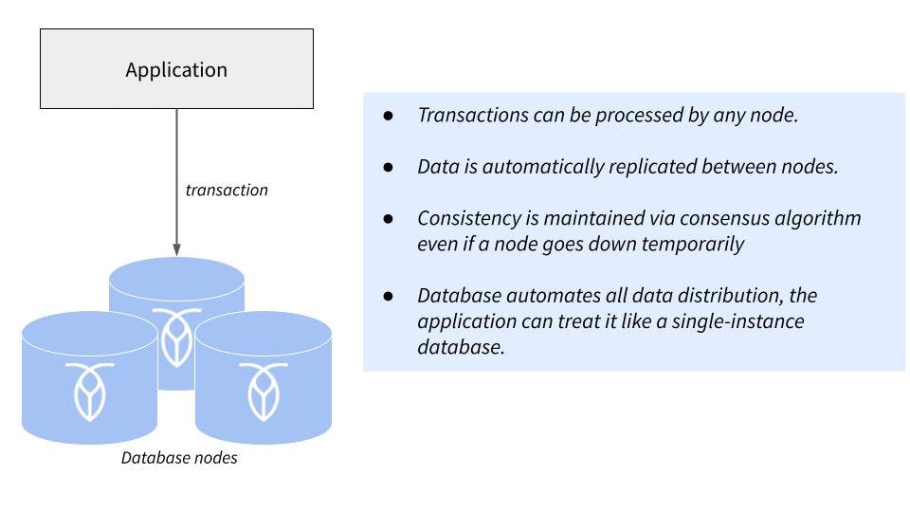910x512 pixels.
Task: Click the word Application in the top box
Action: click(x=176, y=69)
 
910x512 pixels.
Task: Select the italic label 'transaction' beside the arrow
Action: click(x=227, y=190)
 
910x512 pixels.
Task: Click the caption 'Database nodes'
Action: click(x=179, y=458)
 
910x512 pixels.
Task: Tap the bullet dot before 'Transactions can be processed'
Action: click(x=389, y=116)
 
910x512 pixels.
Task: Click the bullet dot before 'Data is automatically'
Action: click(x=389, y=166)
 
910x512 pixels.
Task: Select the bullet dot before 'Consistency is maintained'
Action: click(x=389, y=218)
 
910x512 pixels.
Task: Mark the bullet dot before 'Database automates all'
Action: click(x=389, y=296)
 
